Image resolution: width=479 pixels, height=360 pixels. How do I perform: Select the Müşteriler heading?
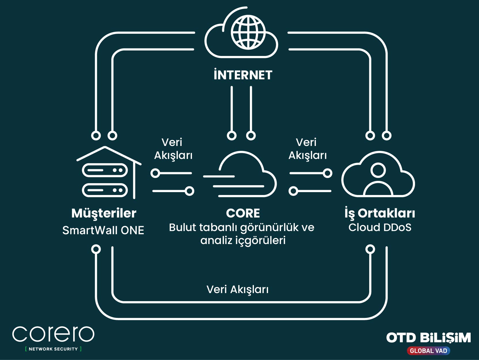104,213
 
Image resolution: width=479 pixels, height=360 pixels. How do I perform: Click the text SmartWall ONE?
103,230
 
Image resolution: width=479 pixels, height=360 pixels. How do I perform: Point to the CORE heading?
243,213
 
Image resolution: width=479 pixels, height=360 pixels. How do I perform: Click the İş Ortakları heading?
380,213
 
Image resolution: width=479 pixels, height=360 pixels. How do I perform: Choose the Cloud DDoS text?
380,227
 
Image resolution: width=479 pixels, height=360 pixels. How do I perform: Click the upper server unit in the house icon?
105,170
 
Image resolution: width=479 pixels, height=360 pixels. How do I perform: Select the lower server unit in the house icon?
105,190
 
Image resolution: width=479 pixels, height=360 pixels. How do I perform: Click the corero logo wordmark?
53,334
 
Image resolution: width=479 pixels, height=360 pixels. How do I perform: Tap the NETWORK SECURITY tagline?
53,349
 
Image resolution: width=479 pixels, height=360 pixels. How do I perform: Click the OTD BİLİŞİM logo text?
428,338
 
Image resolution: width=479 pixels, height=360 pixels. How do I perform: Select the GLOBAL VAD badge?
428,351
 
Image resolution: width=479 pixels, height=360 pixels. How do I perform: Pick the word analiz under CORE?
216,240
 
